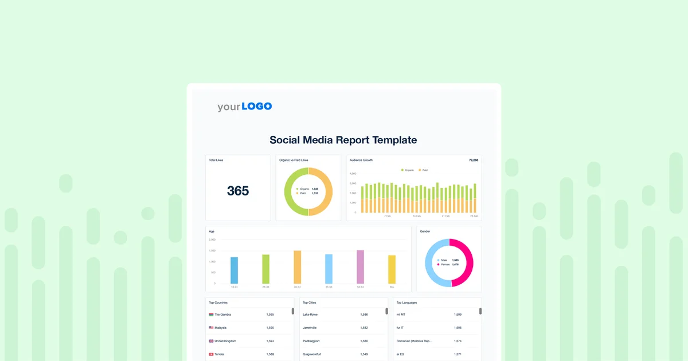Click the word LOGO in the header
(x=256, y=106)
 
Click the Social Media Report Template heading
(x=343, y=140)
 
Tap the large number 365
(x=238, y=191)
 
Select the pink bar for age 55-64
(x=360, y=267)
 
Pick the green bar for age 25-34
(x=266, y=269)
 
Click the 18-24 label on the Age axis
(x=234, y=287)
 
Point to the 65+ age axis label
(x=392, y=287)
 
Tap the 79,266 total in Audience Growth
(x=474, y=160)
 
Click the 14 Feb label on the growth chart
(x=417, y=216)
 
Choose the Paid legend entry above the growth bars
(x=424, y=170)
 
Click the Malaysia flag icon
(x=211, y=328)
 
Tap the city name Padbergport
(x=311, y=341)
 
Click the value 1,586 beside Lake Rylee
(x=364, y=315)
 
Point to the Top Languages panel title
(x=406, y=302)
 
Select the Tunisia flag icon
(x=211, y=354)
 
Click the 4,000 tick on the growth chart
(x=353, y=173)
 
